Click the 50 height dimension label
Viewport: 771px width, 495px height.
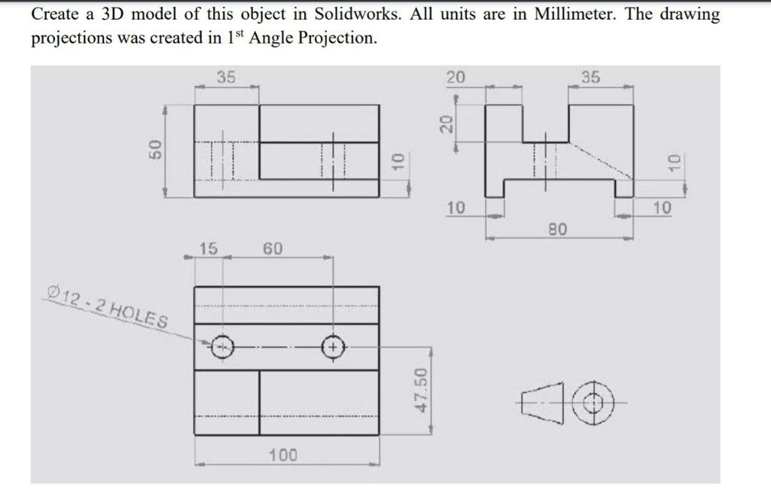(x=155, y=149)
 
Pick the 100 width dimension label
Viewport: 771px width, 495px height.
(x=283, y=454)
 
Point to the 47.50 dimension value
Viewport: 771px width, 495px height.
(x=422, y=390)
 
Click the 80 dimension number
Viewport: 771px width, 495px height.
(x=558, y=229)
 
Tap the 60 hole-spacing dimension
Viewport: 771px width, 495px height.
(x=273, y=248)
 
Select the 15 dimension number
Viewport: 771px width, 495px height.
(x=208, y=248)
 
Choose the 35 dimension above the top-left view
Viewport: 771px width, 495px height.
(x=226, y=77)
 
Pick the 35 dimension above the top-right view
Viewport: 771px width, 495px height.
(x=590, y=77)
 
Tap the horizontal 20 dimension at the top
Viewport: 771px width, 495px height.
(x=455, y=77)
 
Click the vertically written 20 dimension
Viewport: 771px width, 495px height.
(x=446, y=123)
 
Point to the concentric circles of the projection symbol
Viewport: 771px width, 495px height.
(x=595, y=402)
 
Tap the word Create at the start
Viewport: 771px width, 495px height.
(x=56, y=14)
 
